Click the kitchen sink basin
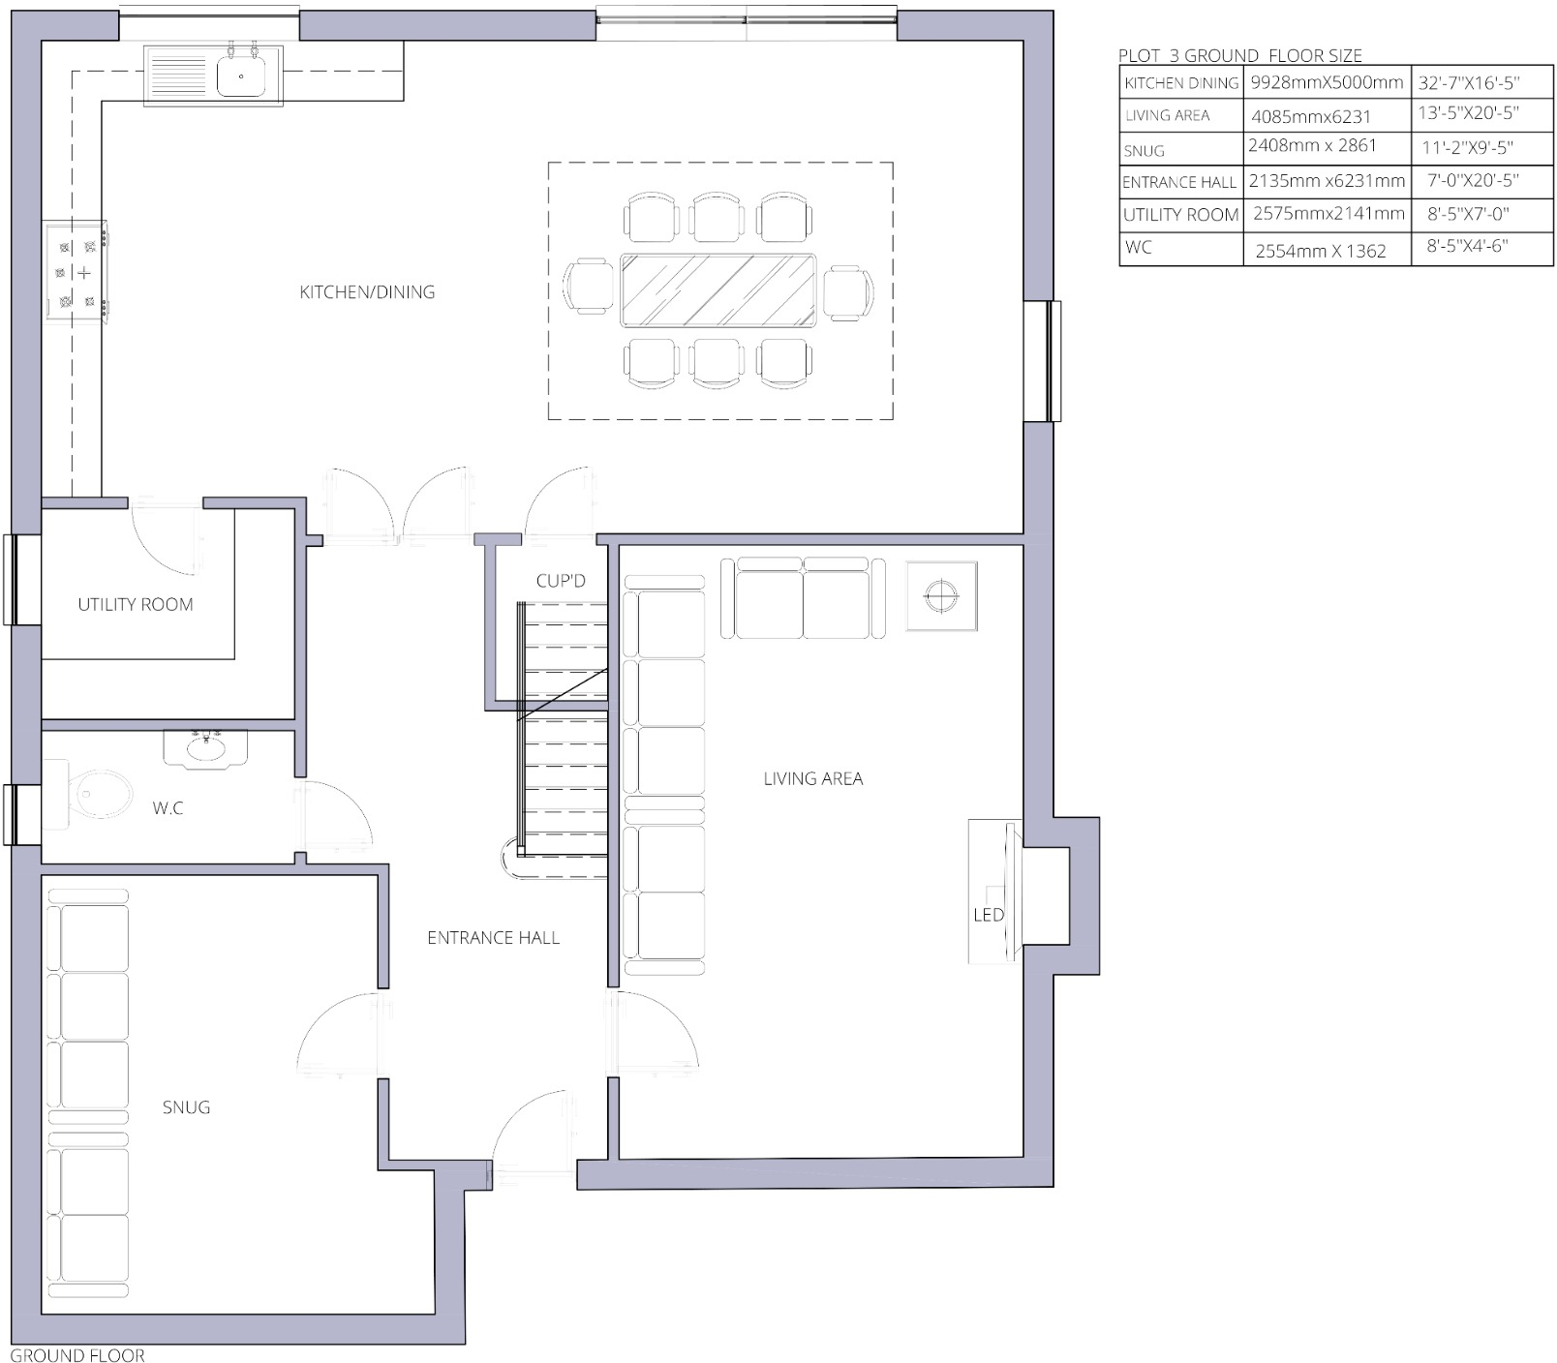(241, 76)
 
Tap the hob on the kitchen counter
(76, 272)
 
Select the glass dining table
(717, 291)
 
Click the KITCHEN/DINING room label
(367, 292)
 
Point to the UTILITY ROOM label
(136, 605)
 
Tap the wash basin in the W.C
(205, 747)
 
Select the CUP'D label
(561, 581)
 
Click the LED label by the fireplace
(988, 915)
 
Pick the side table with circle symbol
(940, 595)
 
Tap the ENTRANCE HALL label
(493, 938)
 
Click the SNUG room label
(186, 1107)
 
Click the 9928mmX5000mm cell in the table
(1326, 83)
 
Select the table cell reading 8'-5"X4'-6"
(1467, 246)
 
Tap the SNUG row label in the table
(1144, 151)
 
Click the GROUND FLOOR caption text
(77, 1355)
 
